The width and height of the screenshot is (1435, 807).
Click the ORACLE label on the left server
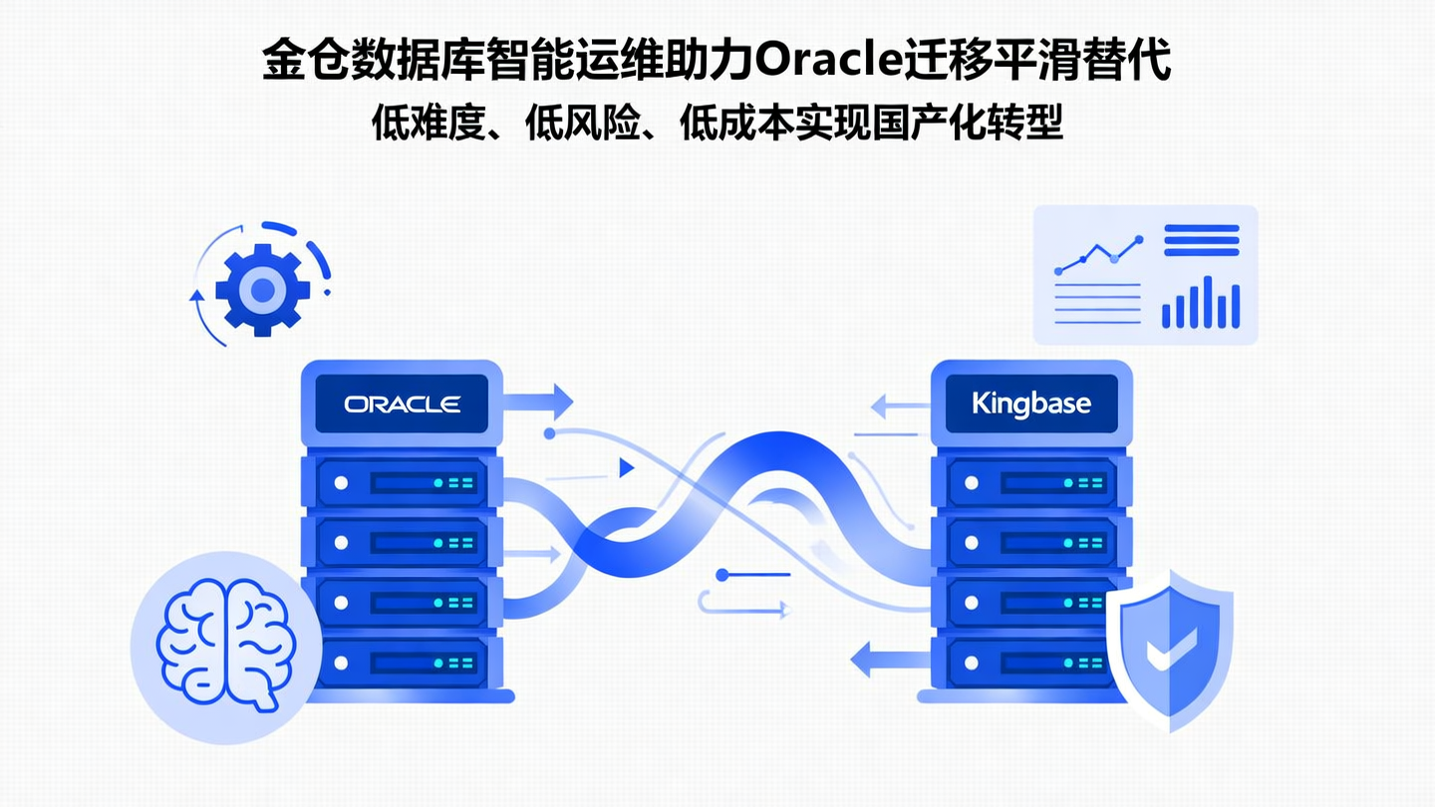tap(402, 403)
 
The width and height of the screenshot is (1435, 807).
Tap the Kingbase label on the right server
tap(1030, 403)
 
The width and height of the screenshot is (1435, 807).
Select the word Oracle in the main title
tap(828, 61)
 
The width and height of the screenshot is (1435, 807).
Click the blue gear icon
tap(262, 290)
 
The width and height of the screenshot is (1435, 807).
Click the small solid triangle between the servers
tap(627, 467)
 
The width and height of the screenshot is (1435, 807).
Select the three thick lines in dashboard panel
tap(1201, 240)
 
